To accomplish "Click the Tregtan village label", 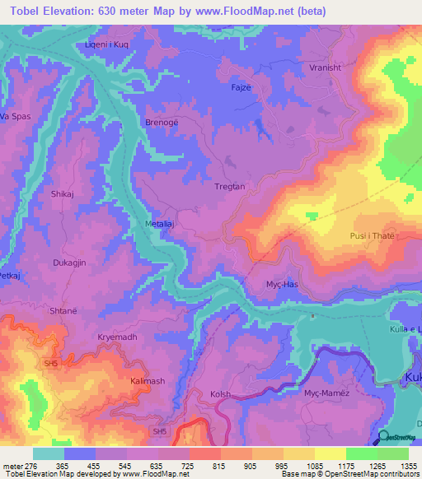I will point(230,187).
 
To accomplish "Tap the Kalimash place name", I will point(148,382).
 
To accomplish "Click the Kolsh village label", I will point(221,395).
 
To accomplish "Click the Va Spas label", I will point(16,116).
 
